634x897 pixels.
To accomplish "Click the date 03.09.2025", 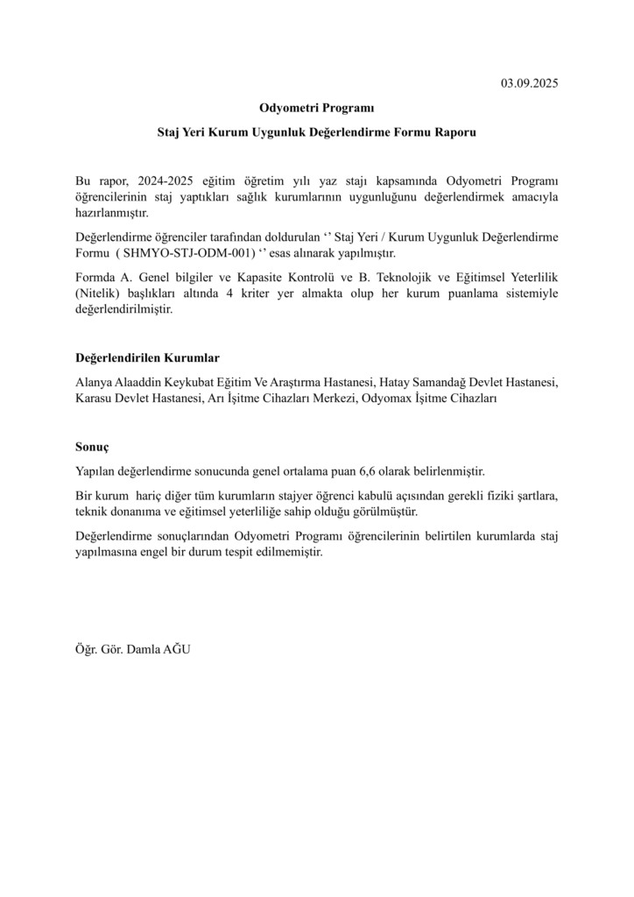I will pyautogui.click(x=529, y=84).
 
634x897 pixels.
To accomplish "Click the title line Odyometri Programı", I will pyautogui.click(x=316, y=109).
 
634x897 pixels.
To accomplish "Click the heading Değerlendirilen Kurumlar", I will pyautogui.click(x=148, y=358).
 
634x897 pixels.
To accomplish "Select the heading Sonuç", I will pyautogui.click(x=92, y=446).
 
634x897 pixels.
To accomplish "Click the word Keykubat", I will pyautogui.click(x=192, y=383).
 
